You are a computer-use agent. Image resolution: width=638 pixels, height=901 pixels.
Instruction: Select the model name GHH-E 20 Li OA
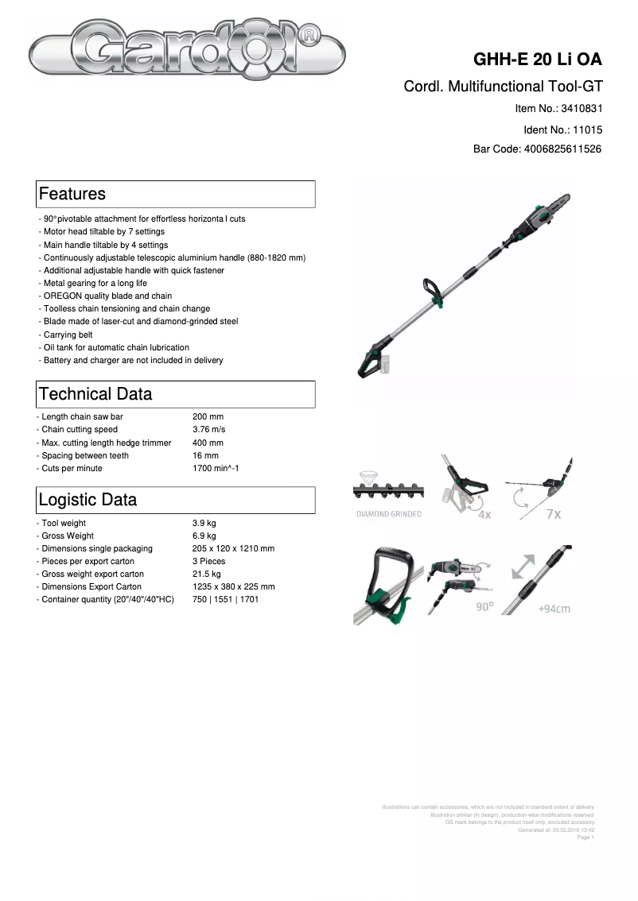click(538, 60)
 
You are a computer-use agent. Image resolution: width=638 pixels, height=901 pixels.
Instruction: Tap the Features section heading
click(72, 194)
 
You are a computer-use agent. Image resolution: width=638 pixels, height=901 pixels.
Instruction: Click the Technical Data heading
click(95, 394)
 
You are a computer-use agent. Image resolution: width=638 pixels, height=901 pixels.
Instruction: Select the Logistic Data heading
click(88, 500)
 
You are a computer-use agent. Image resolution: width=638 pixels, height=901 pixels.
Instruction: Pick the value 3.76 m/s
click(208, 430)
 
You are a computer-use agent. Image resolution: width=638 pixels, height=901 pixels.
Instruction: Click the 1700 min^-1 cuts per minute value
click(216, 469)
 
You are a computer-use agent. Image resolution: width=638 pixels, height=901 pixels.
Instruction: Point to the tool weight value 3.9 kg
click(204, 524)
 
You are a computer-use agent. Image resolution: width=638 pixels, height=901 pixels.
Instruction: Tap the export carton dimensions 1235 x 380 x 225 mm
click(233, 587)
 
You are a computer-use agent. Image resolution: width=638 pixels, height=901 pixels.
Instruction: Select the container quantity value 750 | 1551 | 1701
click(225, 600)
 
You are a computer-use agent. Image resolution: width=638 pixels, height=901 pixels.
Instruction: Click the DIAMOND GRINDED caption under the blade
click(388, 515)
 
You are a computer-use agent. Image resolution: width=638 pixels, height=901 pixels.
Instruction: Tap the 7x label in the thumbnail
click(554, 514)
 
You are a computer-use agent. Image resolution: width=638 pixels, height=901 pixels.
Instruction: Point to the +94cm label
click(554, 609)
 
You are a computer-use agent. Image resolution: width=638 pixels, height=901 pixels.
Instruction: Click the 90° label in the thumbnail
click(484, 606)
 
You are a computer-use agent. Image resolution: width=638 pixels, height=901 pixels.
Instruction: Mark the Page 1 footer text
click(585, 837)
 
